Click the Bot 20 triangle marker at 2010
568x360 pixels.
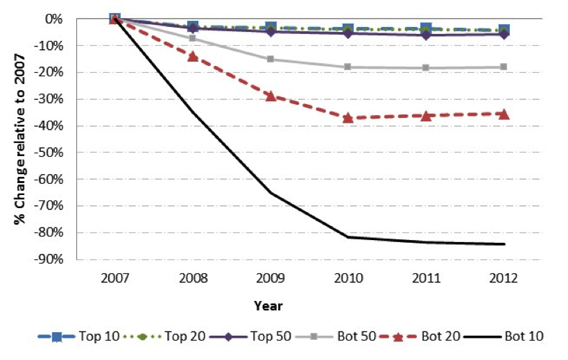(x=348, y=118)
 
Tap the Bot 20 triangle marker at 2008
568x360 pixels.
(x=193, y=56)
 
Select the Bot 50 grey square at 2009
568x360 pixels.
(x=270, y=59)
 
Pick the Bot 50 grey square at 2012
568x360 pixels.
(x=504, y=67)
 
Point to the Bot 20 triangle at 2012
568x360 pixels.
(x=504, y=114)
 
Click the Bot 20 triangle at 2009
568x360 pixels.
(x=270, y=96)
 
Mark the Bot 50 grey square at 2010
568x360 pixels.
(x=348, y=67)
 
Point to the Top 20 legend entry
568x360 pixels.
(x=166, y=336)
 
